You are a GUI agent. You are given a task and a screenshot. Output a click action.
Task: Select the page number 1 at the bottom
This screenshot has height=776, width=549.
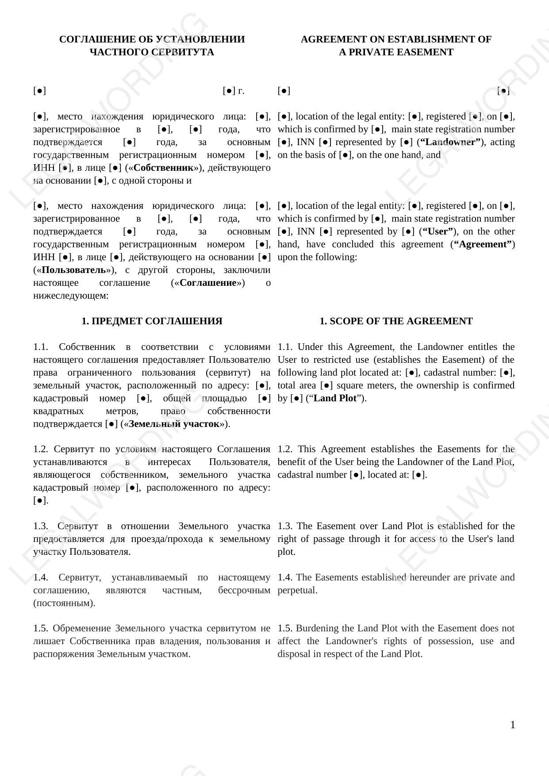click(513, 725)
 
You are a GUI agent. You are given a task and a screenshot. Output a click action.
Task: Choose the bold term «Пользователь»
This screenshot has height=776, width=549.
click(74, 270)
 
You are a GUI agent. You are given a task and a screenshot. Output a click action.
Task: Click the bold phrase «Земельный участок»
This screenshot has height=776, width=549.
click(174, 424)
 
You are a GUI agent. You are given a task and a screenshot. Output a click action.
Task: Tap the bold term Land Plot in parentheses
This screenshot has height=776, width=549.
click(335, 398)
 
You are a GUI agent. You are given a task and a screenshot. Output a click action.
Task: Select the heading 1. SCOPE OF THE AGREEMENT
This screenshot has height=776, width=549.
click(396, 321)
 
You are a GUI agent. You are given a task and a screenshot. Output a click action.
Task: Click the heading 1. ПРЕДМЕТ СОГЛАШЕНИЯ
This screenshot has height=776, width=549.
click(152, 321)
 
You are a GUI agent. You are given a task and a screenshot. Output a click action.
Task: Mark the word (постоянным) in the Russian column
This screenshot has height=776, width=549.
click(64, 603)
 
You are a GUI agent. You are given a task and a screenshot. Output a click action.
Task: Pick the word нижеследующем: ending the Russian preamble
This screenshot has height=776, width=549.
click(71, 296)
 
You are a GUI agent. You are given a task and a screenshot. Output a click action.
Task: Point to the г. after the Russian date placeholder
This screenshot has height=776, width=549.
click(241, 91)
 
